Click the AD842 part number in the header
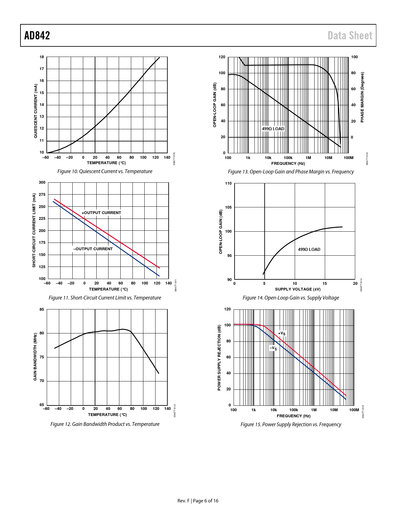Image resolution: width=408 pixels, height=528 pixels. (37, 36)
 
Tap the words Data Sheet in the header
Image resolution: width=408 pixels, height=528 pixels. (350, 36)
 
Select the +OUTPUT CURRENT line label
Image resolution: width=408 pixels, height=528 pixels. (101, 213)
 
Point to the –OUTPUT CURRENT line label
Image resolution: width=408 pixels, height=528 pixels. (93, 249)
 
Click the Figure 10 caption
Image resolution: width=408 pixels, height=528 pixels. (105, 172)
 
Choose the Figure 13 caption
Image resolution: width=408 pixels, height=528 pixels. (291, 172)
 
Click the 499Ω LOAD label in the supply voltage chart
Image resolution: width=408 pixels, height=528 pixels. (309, 250)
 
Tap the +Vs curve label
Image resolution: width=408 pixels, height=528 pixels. (282, 333)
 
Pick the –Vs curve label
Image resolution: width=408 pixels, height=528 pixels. (273, 348)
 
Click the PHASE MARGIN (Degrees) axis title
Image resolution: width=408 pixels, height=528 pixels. (362, 97)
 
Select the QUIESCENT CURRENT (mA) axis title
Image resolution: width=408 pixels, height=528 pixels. (36, 111)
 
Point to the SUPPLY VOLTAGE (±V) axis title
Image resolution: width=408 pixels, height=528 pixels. (298, 289)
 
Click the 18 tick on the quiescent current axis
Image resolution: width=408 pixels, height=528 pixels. (42, 57)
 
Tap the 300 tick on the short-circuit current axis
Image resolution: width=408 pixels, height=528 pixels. (42, 183)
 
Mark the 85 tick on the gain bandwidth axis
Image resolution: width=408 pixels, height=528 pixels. (42, 309)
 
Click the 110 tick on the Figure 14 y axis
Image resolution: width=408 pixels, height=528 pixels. (228, 183)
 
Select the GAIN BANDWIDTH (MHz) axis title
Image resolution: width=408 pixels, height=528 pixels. (35, 357)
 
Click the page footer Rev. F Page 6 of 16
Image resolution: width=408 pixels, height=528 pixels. (198, 501)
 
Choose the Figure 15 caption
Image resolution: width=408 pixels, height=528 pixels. (291, 425)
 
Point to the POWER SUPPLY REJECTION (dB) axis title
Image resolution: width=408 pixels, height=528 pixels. (219, 357)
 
